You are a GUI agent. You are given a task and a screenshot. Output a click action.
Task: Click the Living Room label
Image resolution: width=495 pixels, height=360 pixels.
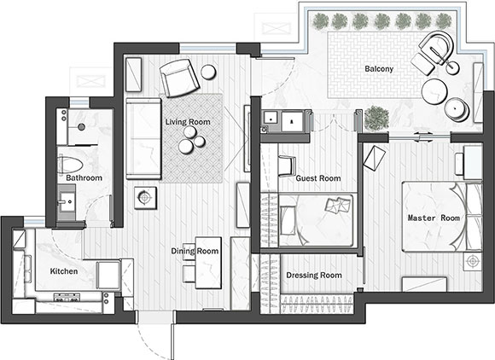point(188,122)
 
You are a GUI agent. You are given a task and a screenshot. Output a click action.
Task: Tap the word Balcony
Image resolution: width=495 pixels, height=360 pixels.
point(379,69)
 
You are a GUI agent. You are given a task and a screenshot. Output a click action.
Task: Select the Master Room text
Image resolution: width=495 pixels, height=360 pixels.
point(434,218)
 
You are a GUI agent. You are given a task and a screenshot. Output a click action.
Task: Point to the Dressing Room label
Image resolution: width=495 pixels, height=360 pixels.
point(314,276)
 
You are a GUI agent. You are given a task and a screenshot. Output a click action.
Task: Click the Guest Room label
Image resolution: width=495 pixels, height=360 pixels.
point(318,178)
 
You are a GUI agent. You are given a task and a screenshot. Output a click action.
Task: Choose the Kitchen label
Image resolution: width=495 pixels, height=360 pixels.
point(64,271)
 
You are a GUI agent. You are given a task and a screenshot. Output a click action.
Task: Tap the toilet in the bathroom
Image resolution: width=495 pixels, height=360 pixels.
point(70,164)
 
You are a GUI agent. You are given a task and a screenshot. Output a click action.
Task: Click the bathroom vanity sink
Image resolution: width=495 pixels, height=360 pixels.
point(67,201)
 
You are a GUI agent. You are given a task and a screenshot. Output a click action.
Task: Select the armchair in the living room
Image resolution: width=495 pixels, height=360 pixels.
point(179,78)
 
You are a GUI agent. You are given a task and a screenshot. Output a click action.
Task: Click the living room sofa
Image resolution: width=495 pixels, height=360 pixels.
point(143,138)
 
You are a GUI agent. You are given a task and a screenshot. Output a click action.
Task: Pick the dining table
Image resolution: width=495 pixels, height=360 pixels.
point(208,263)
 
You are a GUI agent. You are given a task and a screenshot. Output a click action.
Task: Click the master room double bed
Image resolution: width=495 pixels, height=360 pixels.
point(442,217)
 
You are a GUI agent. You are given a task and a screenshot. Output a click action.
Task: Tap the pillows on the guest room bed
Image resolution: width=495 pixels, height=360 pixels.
point(339,205)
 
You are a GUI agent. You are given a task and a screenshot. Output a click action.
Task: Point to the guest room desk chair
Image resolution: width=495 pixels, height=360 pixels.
point(287,165)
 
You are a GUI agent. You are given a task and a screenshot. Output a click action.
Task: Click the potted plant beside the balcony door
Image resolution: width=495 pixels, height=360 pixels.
point(376,118)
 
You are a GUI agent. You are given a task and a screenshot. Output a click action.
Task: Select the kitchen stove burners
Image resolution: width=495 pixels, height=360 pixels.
point(67,297)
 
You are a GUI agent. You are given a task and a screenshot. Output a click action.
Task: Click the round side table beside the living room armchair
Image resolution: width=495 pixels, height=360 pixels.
point(208,72)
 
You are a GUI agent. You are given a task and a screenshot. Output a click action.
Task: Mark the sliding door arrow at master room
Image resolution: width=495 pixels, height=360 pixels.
point(422,137)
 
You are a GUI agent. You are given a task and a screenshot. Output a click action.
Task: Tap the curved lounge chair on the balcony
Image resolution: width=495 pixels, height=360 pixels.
point(438,48)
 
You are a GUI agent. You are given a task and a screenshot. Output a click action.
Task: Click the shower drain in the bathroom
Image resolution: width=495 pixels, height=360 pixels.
point(81,127)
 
